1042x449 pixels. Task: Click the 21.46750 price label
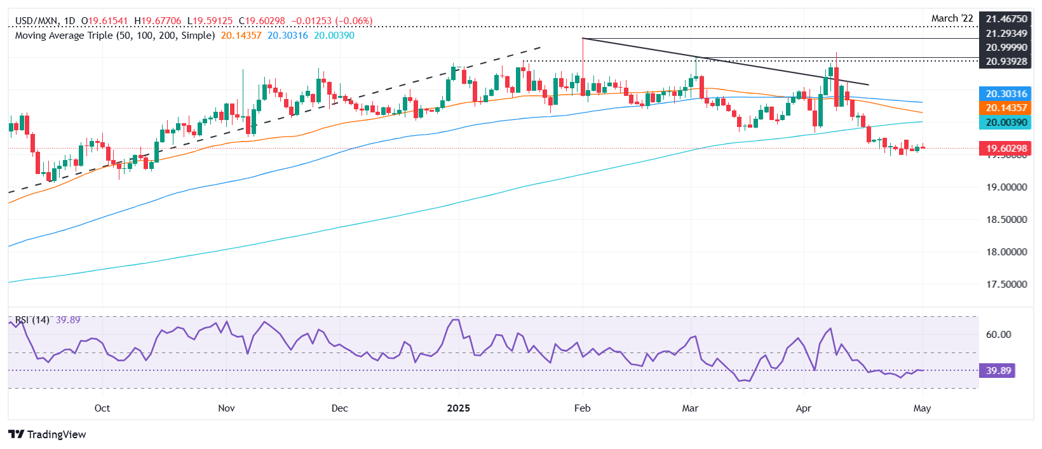1006,19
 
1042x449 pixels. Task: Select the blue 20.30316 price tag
1006,94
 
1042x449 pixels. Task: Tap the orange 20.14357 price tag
1006,108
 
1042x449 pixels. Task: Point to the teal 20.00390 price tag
1006,122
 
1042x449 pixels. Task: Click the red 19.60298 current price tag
1006,149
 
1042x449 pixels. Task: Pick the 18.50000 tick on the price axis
1006,220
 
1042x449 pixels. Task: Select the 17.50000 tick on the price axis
1006,285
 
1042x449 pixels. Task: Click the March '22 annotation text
952,18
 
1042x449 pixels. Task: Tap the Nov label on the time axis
226,408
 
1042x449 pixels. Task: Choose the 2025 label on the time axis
458,408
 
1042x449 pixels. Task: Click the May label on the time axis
922,408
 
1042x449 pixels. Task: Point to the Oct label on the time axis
102,408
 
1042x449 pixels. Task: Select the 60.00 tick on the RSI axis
998,335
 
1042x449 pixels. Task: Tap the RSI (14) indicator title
32,320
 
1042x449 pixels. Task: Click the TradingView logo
48,434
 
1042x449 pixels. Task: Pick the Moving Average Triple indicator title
114,36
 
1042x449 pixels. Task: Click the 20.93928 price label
1006,62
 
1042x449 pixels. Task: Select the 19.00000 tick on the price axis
1006,187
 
